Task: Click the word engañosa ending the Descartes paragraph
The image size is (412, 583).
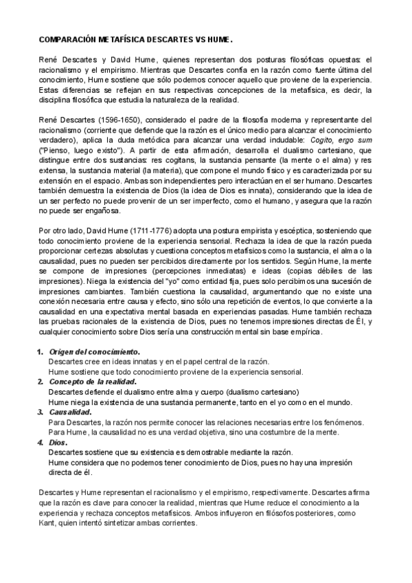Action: pos(100,214)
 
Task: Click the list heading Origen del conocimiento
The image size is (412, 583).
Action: pos(94,352)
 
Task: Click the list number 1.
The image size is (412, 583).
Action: pos(39,352)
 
